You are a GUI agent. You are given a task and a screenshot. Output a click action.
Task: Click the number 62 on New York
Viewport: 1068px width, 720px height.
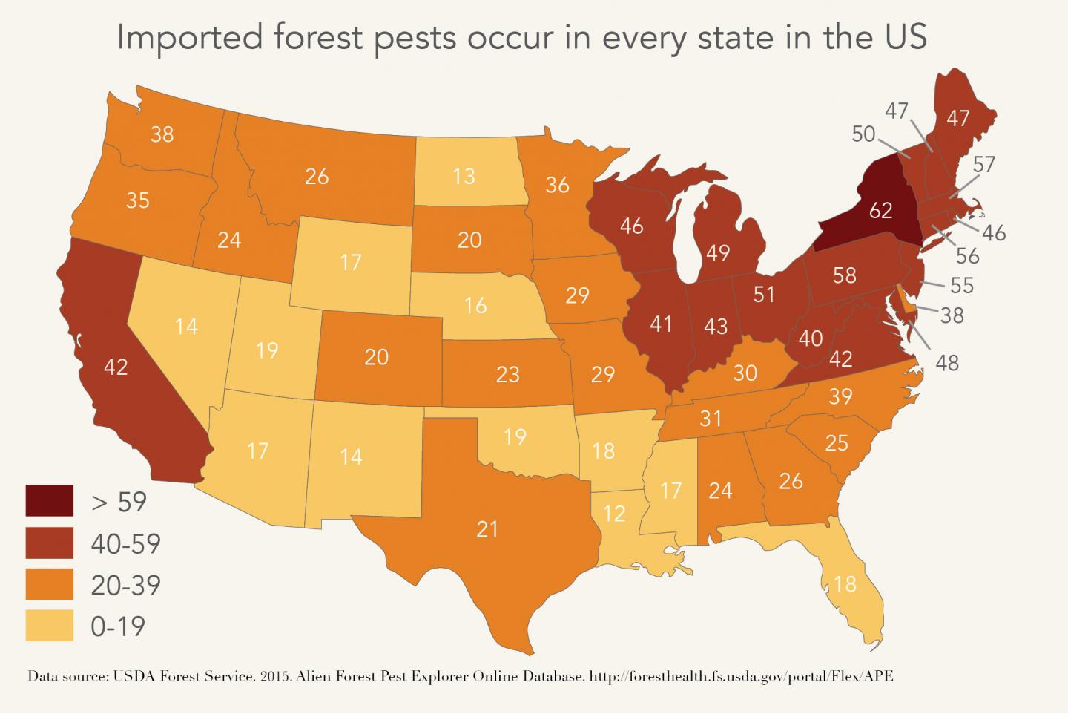pyautogui.click(x=880, y=210)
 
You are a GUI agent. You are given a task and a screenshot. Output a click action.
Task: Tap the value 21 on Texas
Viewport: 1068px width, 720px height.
pyautogui.click(x=487, y=528)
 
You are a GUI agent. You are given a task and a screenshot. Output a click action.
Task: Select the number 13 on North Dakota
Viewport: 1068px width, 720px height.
pyautogui.click(x=464, y=176)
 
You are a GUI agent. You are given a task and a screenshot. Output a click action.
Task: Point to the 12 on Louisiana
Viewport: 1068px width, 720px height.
pyautogui.click(x=614, y=513)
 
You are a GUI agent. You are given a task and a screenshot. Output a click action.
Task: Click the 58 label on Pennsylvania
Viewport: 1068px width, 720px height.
pyautogui.click(x=845, y=275)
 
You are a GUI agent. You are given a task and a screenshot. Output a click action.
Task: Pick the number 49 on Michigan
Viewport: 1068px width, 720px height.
pyautogui.click(x=718, y=252)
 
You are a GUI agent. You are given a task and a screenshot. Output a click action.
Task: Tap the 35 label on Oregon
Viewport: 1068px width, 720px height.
pyautogui.click(x=138, y=200)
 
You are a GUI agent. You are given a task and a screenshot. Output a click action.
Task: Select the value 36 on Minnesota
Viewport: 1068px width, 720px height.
pyautogui.click(x=557, y=184)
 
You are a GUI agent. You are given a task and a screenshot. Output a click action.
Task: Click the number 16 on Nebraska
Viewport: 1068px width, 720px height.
pyautogui.click(x=475, y=305)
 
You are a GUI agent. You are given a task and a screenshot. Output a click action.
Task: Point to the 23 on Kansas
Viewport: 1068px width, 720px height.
pyautogui.click(x=507, y=373)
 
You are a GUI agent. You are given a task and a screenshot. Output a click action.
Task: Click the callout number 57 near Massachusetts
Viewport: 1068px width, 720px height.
pyautogui.click(x=983, y=164)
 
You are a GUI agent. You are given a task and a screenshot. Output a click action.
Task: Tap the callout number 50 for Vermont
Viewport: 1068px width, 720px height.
pyautogui.click(x=864, y=134)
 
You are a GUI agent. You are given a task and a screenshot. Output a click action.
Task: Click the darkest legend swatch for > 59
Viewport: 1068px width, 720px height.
pyautogui.click(x=50, y=501)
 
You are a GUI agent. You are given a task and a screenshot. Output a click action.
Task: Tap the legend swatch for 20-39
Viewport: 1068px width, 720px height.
pyautogui.click(x=50, y=585)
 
